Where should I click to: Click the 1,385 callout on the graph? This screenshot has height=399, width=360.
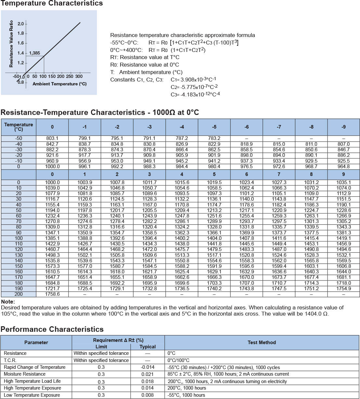[34, 53]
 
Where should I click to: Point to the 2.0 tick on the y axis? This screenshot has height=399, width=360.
[21, 24]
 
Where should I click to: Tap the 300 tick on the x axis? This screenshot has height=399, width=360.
[79, 77]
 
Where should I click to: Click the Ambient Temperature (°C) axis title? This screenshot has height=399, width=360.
[59, 84]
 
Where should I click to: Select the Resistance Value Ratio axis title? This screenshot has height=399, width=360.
[11, 44]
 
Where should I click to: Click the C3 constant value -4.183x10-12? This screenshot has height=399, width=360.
[195, 94]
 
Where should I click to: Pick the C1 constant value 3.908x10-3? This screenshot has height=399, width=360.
[193, 80]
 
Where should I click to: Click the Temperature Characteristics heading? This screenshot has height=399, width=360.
[52, 4]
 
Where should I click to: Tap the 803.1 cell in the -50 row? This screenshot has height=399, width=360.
[52, 138]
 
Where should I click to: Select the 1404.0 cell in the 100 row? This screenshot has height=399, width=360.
[214, 238]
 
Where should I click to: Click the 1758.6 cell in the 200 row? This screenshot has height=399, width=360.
[52, 294]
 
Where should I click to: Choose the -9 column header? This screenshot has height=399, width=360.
[343, 127]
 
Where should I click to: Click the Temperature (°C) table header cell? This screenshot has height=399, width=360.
[19, 127]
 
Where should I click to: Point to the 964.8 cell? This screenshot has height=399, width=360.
[343, 167]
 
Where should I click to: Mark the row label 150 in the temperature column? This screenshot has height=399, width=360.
[19, 266]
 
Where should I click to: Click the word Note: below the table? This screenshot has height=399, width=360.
[8, 302]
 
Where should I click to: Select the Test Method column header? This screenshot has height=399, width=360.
[262, 343]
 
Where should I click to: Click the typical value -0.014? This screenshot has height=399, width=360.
[148, 367]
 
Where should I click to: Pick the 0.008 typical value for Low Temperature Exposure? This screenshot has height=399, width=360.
[148, 395]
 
